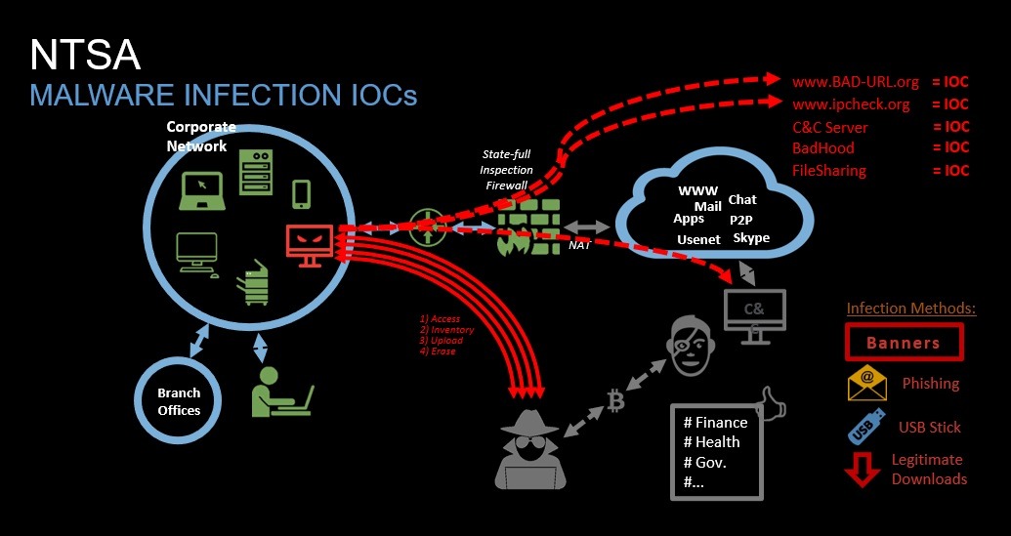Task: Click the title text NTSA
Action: (x=85, y=56)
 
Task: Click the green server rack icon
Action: (x=257, y=170)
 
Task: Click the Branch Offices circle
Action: (x=179, y=401)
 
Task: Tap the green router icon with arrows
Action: (x=426, y=227)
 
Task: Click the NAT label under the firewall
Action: (x=579, y=247)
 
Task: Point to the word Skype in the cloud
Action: (x=750, y=238)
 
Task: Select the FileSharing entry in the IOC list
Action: (x=829, y=171)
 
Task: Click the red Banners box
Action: (x=903, y=343)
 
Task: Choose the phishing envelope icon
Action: (x=866, y=384)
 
